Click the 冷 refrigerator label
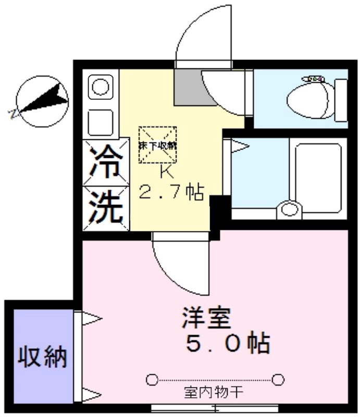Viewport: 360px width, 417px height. [106, 162]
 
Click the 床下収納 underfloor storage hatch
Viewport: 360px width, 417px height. [157, 145]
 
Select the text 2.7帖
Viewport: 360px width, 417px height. [170, 193]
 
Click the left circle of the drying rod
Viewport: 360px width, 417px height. [152, 379]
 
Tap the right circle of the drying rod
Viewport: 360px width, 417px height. [279, 379]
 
